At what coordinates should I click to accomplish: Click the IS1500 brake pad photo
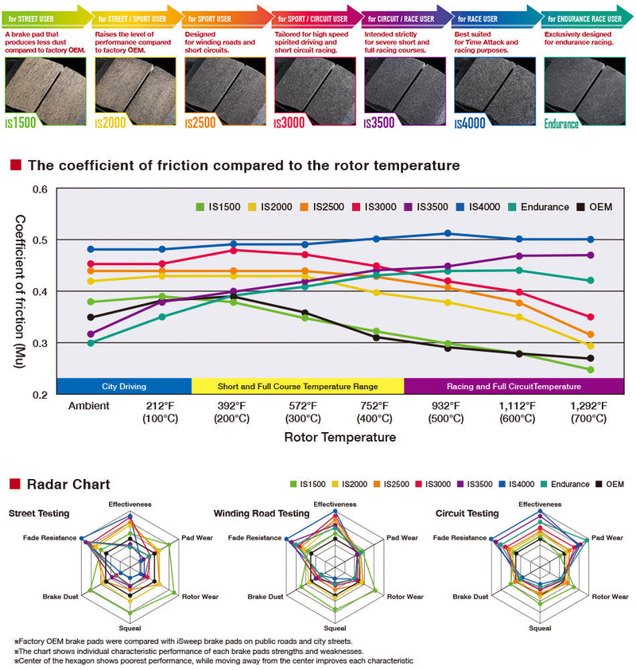(x=44, y=85)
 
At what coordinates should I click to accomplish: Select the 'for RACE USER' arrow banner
(x=494, y=18)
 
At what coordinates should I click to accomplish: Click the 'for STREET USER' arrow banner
(x=44, y=18)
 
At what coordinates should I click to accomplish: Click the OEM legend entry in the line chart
(x=594, y=207)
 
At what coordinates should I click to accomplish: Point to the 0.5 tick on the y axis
(x=41, y=240)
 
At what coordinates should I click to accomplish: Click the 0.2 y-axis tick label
(x=41, y=395)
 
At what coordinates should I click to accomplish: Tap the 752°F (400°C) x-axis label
(x=376, y=411)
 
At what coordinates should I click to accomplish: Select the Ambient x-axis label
(x=89, y=406)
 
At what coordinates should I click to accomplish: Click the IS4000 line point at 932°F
(x=448, y=233)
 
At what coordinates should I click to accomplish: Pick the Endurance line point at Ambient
(x=90, y=343)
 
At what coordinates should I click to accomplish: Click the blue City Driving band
(x=123, y=386)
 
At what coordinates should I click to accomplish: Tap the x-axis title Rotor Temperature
(x=339, y=438)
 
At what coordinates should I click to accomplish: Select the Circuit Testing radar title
(x=467, y=513)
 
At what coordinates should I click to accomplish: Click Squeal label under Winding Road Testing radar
(x=335, y=629)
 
